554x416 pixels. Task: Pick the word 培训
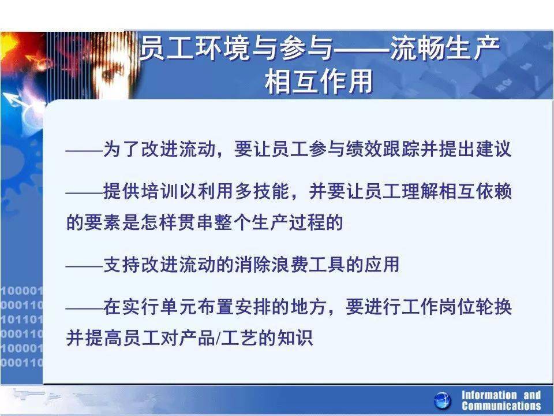tap(159, 192)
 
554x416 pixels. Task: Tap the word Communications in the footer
tap(501, 406)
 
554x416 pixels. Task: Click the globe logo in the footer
tap(443, 400)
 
